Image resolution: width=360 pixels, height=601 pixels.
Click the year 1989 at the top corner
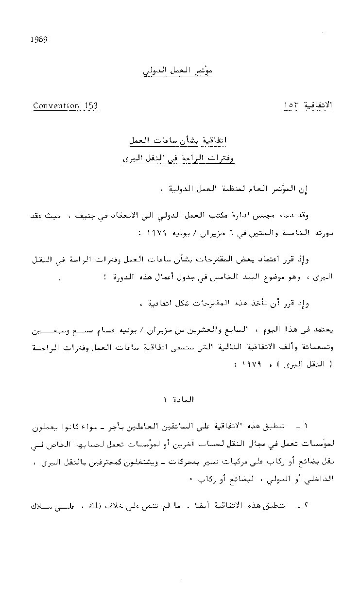[x=38, y=40]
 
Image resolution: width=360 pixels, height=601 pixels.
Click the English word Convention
[x=56, y=106]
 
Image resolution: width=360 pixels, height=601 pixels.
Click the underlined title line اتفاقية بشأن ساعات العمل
[x=177, y=141]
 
